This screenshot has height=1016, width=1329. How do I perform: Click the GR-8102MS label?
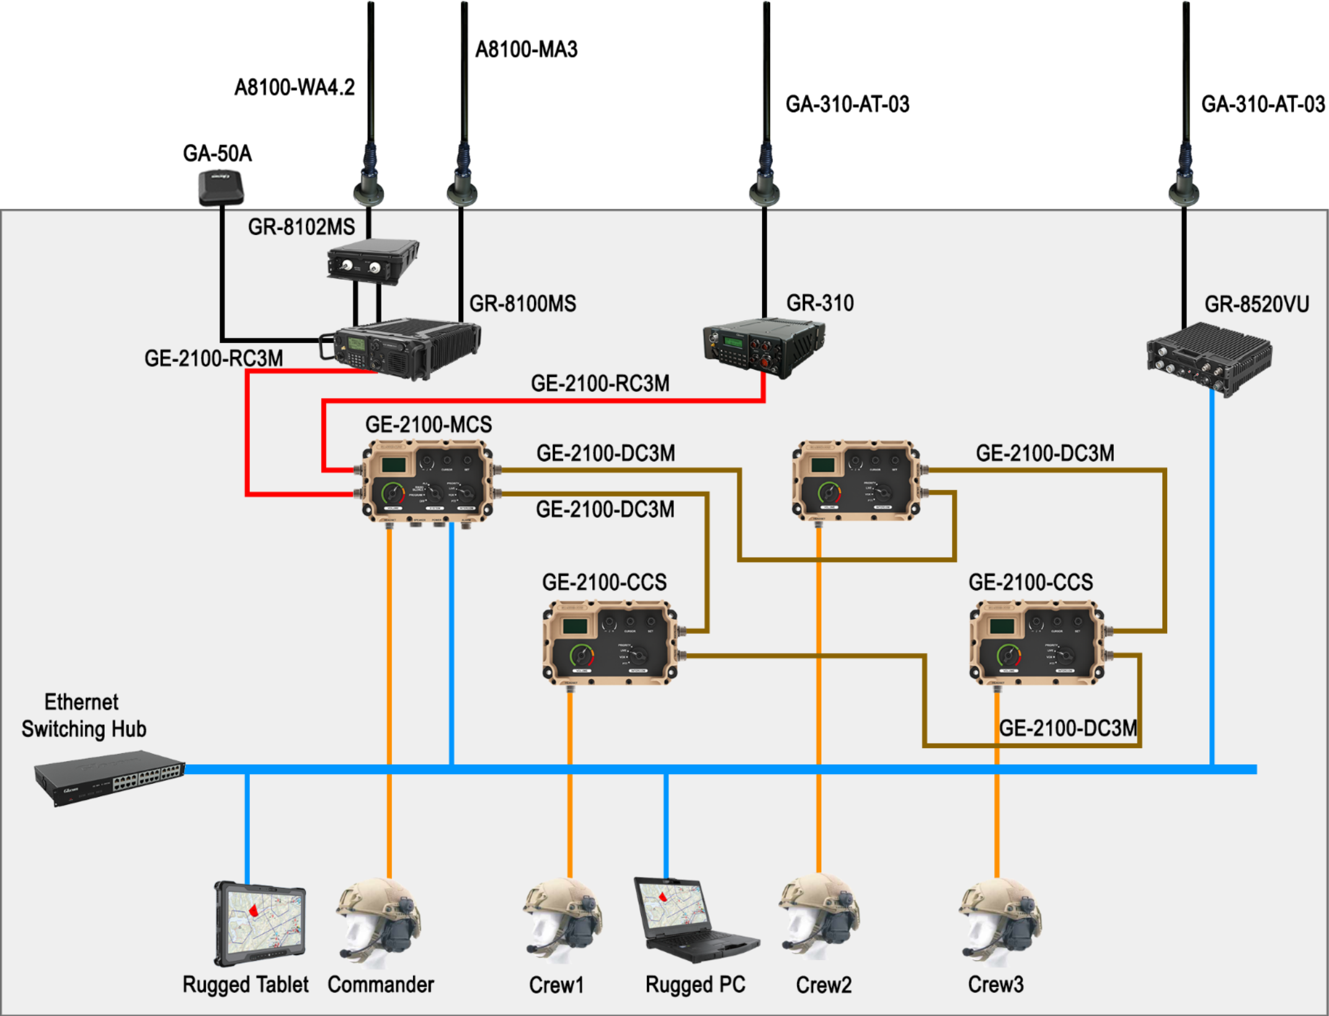pyautogui.click(x=301, y=228)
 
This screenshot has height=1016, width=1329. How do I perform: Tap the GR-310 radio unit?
pyautogui.click(x=763, y=348)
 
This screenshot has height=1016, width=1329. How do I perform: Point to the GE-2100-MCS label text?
pyautogui.click(x=429, y=425)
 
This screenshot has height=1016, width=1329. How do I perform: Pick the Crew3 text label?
pyautogui.click(x=995, y=984)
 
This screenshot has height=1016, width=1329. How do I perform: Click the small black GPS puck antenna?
pyautogui.click(x=221, y=186)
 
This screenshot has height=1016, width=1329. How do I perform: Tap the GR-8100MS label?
pyautogui.click(x=522, y=304)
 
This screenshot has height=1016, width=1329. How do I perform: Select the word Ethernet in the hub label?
pyautogui.click(x=81, y=702)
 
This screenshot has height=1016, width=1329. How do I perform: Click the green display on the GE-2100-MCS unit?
pyautogui.click(x=394, y=465)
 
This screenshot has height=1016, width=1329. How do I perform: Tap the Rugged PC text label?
pyautogui.click(x=695, y=984)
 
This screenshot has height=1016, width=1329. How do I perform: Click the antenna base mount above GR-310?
pyautogui.click(x=764, y=192)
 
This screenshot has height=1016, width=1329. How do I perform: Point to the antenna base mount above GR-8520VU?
pyautogui.click(x=1183, y=192)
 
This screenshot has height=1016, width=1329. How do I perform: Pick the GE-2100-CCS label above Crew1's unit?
pyautogui.click(x=604, y=582)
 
